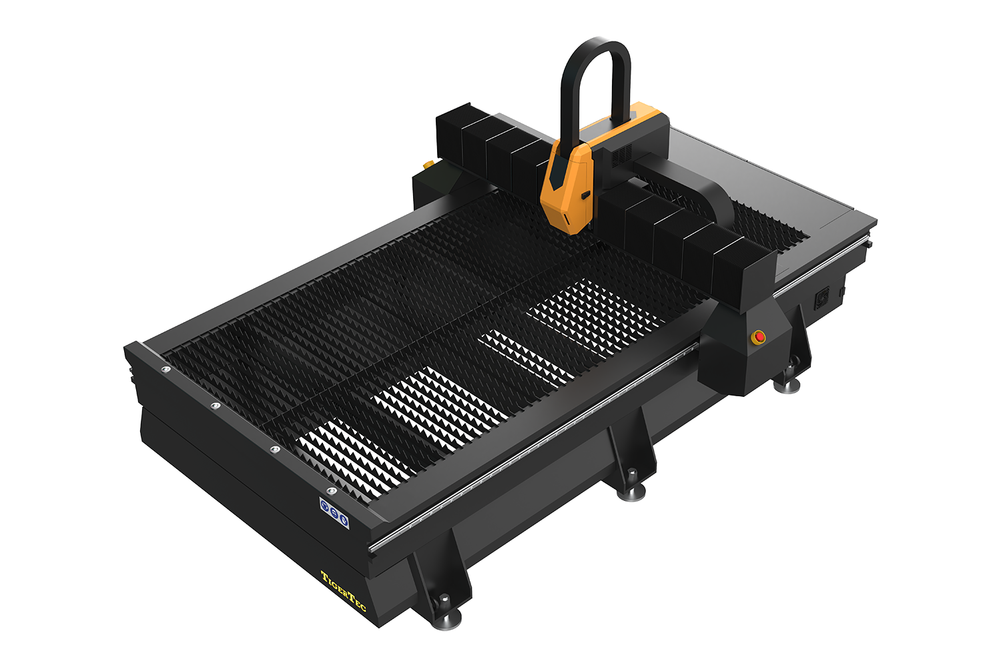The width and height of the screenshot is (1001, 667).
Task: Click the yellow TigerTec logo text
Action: [x=343, y=590]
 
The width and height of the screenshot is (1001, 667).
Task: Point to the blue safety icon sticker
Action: [x=334, y=513]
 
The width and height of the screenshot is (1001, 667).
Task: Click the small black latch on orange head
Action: [x=585, y=195]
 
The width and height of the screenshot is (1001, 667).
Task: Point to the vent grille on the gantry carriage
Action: [x=621, y=153]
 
